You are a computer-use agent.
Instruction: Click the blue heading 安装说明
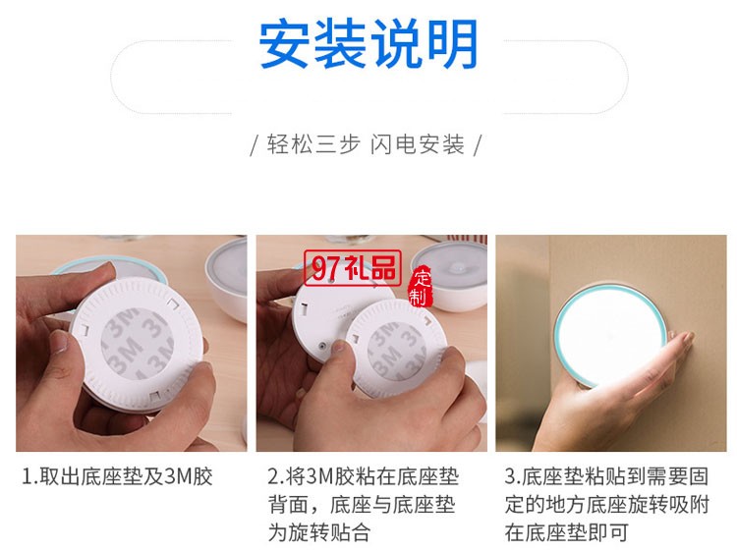click(368, 44)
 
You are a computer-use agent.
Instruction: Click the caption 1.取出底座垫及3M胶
click(117, 477)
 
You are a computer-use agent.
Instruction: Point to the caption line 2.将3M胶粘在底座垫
click(363, 477)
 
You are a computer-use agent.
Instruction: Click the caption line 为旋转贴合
click(319, 533)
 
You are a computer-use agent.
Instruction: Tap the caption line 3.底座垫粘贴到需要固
click(606, 477)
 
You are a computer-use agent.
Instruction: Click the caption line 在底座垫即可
click(565, 533)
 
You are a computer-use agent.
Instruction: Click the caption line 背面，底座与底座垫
click(363, 506)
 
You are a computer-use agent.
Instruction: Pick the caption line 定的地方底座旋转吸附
click(606, 506)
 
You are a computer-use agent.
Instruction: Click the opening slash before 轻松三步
click(255, 146)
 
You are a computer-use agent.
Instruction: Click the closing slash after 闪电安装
click(478, 146)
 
